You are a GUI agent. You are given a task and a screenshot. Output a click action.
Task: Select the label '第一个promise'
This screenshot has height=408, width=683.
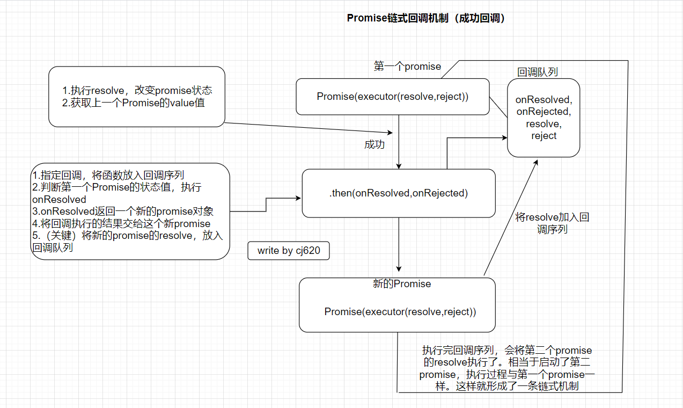click(x=407, y=67)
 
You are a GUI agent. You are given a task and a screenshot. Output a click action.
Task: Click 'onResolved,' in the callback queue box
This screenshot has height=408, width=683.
click(x=544, y=99)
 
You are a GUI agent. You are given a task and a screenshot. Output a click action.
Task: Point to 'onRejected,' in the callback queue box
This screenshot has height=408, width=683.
click(x=544, y=112)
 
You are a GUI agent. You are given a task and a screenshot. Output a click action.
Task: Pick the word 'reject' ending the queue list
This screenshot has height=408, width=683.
click(x=544, y=136)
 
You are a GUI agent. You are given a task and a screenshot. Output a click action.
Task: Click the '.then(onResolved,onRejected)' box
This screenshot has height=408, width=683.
click(x=399, y=193)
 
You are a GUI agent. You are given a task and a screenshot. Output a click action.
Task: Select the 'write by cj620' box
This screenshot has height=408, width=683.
click(x=288, y=251)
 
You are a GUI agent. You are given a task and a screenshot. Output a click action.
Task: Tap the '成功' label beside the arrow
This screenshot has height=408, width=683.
click(x=374, y=145)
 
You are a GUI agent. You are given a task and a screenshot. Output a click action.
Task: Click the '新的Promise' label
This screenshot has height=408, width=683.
click(x=402, y=284)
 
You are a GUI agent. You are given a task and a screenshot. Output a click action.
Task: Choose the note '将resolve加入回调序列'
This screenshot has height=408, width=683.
click(x=552, y=223)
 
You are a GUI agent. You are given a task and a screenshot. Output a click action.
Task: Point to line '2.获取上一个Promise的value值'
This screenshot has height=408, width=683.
click(x=134, y=103)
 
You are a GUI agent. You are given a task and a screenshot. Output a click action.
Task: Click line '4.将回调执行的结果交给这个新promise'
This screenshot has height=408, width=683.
click(x=121, y=223)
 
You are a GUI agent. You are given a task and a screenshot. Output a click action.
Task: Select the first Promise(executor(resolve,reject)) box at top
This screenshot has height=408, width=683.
click(x=393, y=97)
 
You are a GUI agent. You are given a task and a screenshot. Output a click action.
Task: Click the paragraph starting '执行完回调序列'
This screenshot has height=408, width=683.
click(x=506, y=368)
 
